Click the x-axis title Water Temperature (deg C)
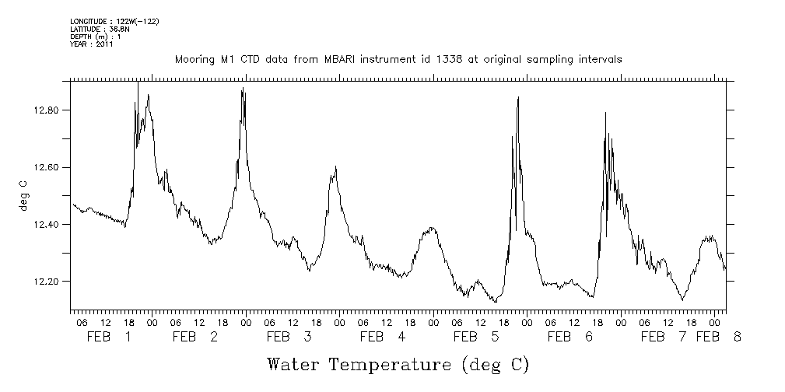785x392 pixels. (x=398, y=364)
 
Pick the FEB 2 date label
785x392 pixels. (x=195, y=337)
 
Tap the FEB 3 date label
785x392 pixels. (x=289, y=337)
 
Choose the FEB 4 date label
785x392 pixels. (x=382, y=337)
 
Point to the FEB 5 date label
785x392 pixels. (x=475, y=337)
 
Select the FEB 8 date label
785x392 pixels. (x=718, y=337)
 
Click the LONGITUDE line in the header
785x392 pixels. (x=114, y=20)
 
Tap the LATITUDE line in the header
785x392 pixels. (x=99, y=28)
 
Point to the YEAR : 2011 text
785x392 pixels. (x=92, y=44)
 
